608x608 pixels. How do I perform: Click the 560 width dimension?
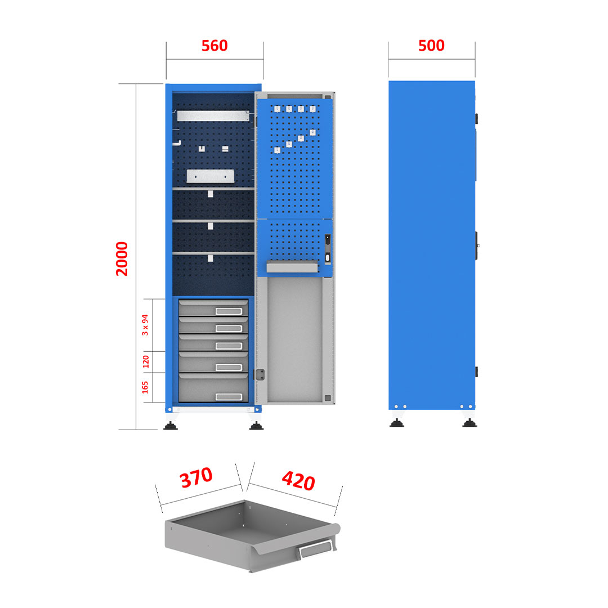click(214, 46)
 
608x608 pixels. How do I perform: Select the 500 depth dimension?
click(431, 46)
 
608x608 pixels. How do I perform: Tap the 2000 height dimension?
click(122, 258)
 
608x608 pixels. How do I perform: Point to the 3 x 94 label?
click(145, 325)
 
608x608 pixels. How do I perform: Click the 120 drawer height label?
click(146, 361)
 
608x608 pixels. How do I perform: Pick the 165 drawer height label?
click(145, 387)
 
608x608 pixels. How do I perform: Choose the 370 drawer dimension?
click(196, 477)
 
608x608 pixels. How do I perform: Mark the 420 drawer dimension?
click(298, 480)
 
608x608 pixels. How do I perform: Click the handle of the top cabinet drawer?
click(229, 311)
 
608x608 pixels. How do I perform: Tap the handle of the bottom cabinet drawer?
click(229, 397)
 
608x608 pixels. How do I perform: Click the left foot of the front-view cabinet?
click(171, 426)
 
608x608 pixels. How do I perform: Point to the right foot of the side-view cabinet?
click(470, 423)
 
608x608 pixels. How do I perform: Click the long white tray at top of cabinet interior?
click(213, 115)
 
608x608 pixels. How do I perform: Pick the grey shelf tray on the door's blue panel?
click(292, 267)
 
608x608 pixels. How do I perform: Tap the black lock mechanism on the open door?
click(328, 249)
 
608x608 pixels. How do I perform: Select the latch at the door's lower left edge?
click(260, 374)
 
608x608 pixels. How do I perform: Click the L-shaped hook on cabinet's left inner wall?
click(177, 143)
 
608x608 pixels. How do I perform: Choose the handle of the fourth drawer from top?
click(229, 367)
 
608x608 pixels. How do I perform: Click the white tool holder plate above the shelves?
click(211, 176)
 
